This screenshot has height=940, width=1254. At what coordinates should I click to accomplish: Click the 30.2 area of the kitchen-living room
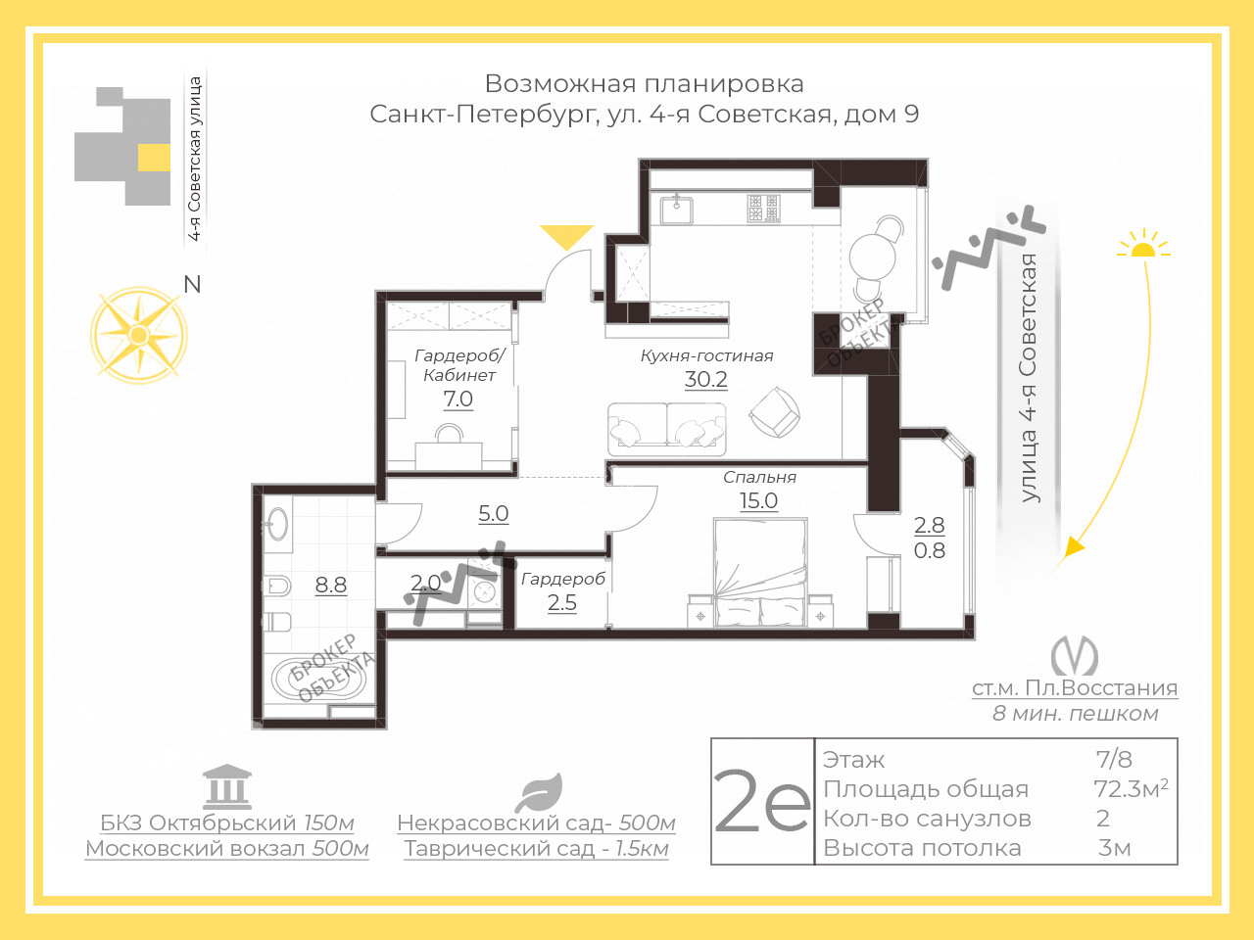point(706,379)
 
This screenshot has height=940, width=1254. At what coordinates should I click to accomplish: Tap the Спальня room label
point(759,477)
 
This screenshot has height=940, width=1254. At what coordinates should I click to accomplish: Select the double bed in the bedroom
point(761,572)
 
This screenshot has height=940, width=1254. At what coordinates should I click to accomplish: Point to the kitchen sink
point(677,210)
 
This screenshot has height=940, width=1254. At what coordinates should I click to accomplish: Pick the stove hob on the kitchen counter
point(764,209)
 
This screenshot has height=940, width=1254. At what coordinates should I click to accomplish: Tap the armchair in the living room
point(774,411)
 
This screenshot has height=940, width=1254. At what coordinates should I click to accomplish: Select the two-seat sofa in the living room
point(667,429)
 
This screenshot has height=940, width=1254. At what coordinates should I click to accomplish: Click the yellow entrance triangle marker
point(566,236)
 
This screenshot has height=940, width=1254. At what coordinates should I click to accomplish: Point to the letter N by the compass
point(193,284)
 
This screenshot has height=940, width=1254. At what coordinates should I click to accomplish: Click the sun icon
point(1143,244)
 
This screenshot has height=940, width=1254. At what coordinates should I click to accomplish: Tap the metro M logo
point(1074,655)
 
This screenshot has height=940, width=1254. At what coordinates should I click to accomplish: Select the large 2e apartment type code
point(761,802)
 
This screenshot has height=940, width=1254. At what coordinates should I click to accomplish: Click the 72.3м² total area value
point(1131,789)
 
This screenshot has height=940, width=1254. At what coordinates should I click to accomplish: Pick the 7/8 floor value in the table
point(1114,759)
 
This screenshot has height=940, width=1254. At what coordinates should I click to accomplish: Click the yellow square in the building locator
point(154,158)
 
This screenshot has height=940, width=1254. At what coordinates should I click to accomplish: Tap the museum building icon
point(227,786)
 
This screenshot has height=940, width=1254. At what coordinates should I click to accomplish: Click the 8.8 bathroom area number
point(331,585)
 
